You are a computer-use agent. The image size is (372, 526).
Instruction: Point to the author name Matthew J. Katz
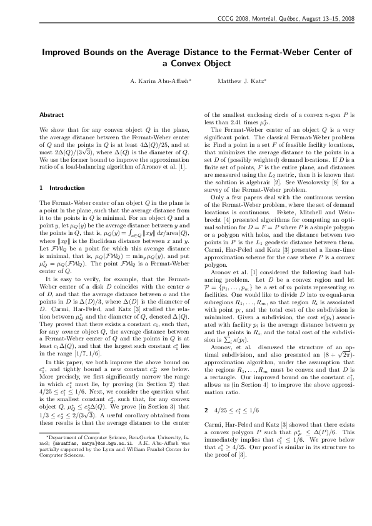click(x=233, y=81)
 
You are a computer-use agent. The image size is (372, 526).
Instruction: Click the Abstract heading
click(x=51, y=115)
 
